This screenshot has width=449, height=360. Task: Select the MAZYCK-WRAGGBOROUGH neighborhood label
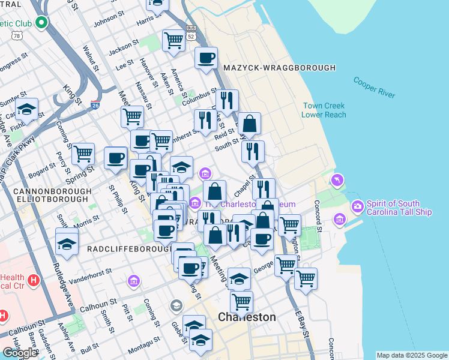[279, 68]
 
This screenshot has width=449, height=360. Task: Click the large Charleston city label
[247, 317]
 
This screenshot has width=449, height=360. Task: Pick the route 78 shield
[17, 36]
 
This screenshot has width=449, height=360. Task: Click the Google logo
[19, 353]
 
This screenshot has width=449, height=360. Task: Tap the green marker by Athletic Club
[41, 23]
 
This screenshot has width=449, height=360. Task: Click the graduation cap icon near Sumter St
[27, 109]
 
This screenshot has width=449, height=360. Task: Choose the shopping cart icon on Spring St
[83, 154]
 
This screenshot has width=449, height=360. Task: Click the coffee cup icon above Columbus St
[206, 58]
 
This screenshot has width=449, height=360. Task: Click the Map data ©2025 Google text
[412, 355]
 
